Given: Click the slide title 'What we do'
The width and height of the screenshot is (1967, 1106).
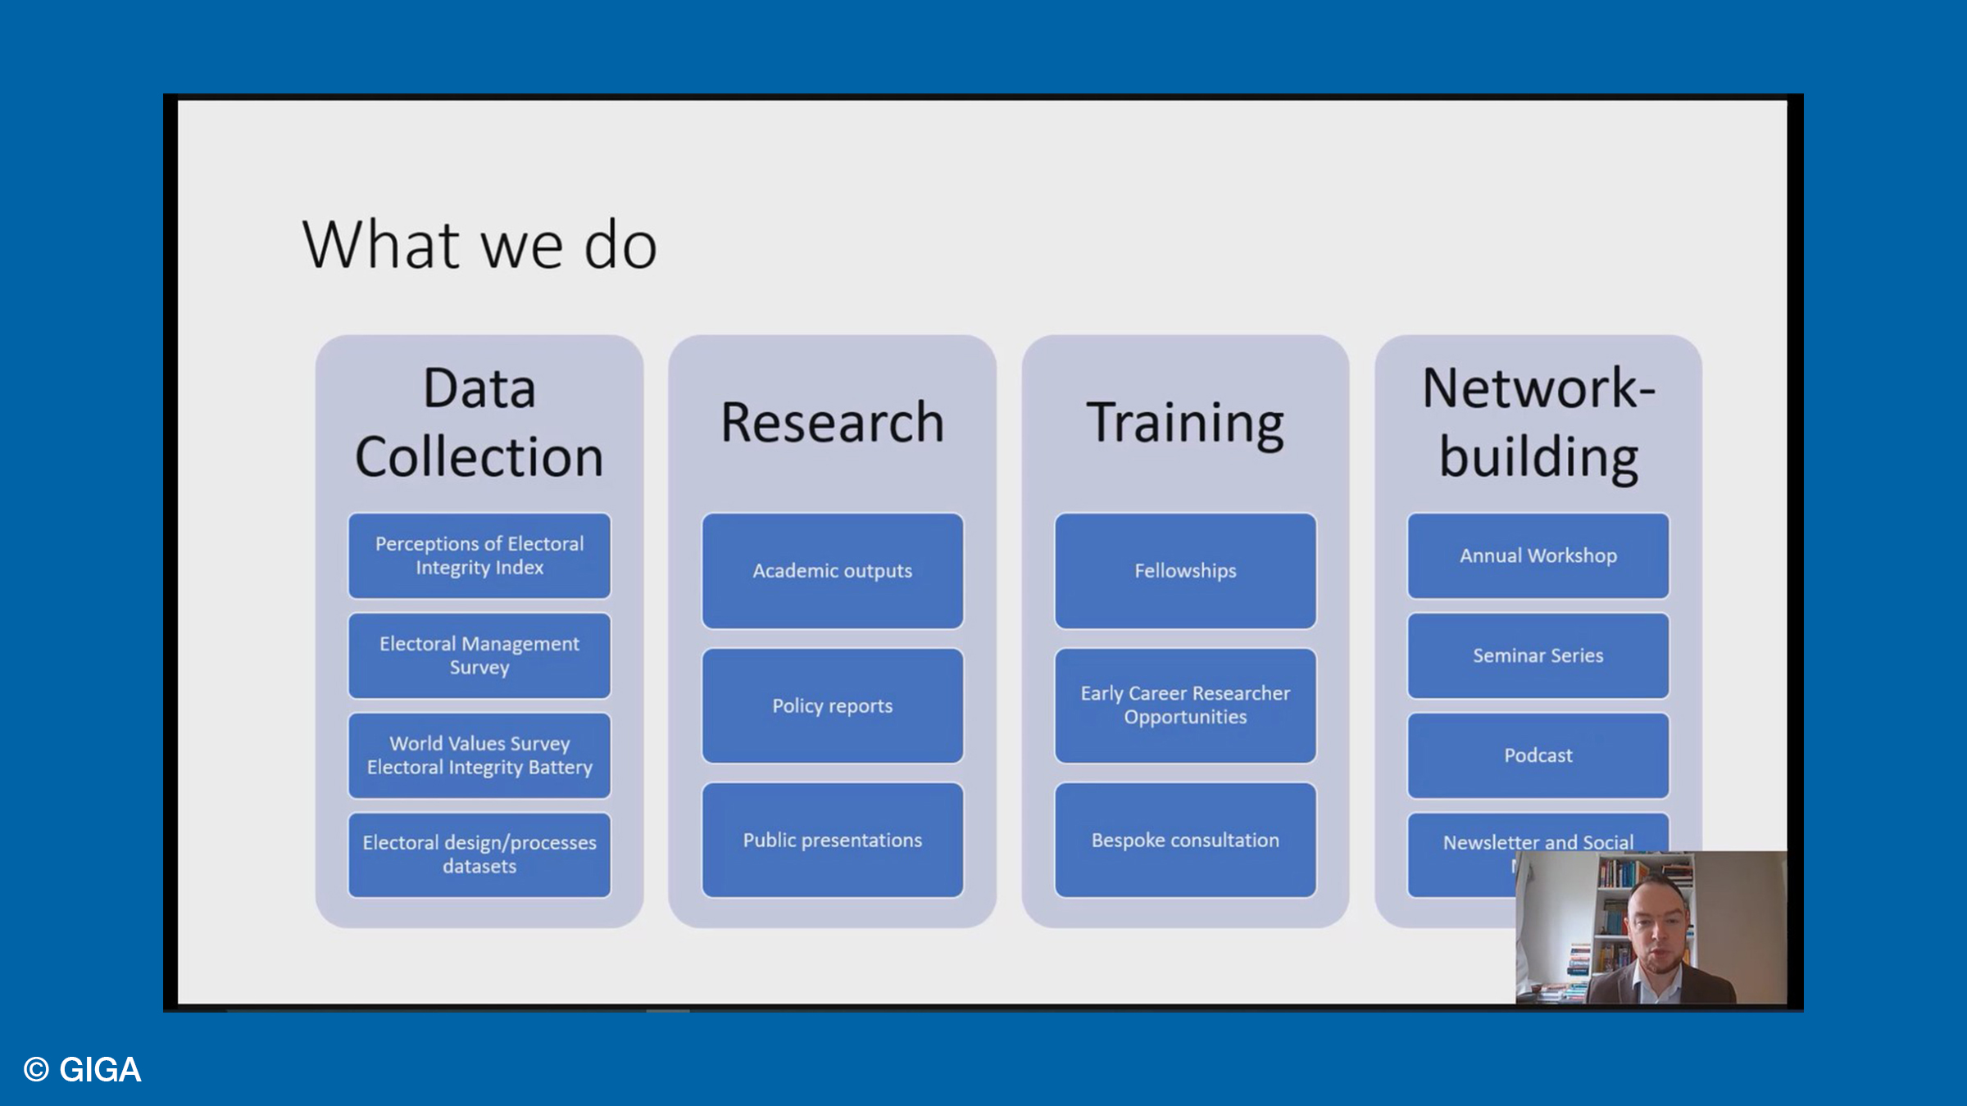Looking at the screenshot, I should click(x=479, y=245).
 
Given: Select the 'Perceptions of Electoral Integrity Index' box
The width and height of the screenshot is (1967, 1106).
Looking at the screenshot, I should click(x=479, y=555).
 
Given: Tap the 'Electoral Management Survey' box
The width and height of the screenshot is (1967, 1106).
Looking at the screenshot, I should click(x=479, y=655).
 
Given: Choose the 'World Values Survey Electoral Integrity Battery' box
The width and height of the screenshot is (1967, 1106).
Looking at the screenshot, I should click(x=479, y=755).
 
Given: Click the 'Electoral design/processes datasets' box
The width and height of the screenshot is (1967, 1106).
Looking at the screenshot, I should click(x=479, y=854).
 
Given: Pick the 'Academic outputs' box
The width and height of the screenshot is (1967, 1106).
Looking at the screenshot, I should click(x=832, y=571).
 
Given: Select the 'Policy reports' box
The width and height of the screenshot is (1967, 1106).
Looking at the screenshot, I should click(x=832, y=705).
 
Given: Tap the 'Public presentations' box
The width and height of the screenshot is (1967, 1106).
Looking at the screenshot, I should click(x=832, y=840).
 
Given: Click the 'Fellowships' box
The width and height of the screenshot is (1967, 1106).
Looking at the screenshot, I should click(x=1185, y=571).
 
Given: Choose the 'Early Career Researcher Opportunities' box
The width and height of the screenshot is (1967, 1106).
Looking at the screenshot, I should click(x=1185, y=705).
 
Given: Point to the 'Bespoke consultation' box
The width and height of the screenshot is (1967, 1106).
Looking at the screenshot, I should click(x=1185, y=840).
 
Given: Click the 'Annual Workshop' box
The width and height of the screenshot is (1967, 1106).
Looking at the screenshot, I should click(x=1538, y=555).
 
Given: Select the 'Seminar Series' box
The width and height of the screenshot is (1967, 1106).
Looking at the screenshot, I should click(x=1538, y=655).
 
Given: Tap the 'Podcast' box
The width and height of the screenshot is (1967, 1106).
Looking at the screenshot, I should click(x=1538, y=755).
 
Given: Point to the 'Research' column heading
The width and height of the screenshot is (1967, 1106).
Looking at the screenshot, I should click(x=832, y=423).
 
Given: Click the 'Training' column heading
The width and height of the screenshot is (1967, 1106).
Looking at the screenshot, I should click(x=1185, y=423).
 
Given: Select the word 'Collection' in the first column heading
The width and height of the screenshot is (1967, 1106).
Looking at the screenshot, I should click(x=479, y=456).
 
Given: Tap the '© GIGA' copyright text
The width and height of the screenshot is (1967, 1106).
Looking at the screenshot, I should click(x=83, y=1070).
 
